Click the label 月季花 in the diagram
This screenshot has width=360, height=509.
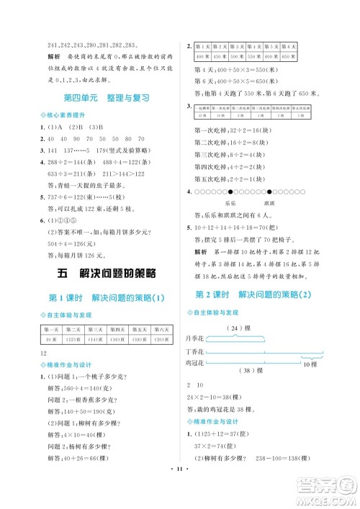coord(194,337)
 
